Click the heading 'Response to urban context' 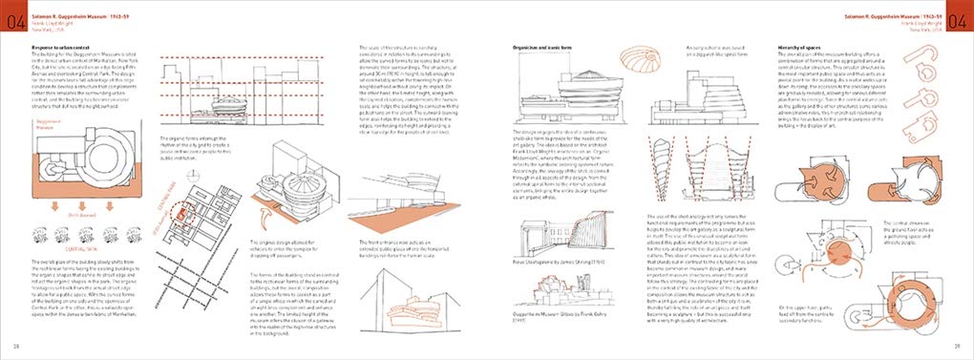pyautogui.click(x=67, y=46)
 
